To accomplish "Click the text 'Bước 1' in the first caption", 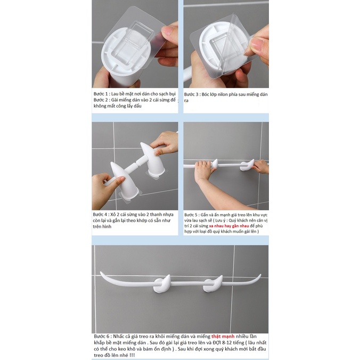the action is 100,94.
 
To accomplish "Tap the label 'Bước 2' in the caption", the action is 100,100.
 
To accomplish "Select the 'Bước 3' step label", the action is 192,94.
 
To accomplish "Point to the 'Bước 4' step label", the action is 100,215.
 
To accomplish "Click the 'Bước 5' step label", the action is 191,215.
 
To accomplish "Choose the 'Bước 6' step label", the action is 102,337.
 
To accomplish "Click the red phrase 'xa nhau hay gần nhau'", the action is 229,226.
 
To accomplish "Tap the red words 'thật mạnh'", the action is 223,337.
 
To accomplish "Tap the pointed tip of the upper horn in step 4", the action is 141,143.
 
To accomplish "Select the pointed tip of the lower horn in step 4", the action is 112,163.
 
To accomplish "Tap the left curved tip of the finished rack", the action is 101,273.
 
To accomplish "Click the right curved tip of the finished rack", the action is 260,275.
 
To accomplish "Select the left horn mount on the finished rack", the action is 162,285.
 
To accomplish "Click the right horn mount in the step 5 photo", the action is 247,165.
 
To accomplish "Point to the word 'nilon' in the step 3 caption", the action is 223,94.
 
